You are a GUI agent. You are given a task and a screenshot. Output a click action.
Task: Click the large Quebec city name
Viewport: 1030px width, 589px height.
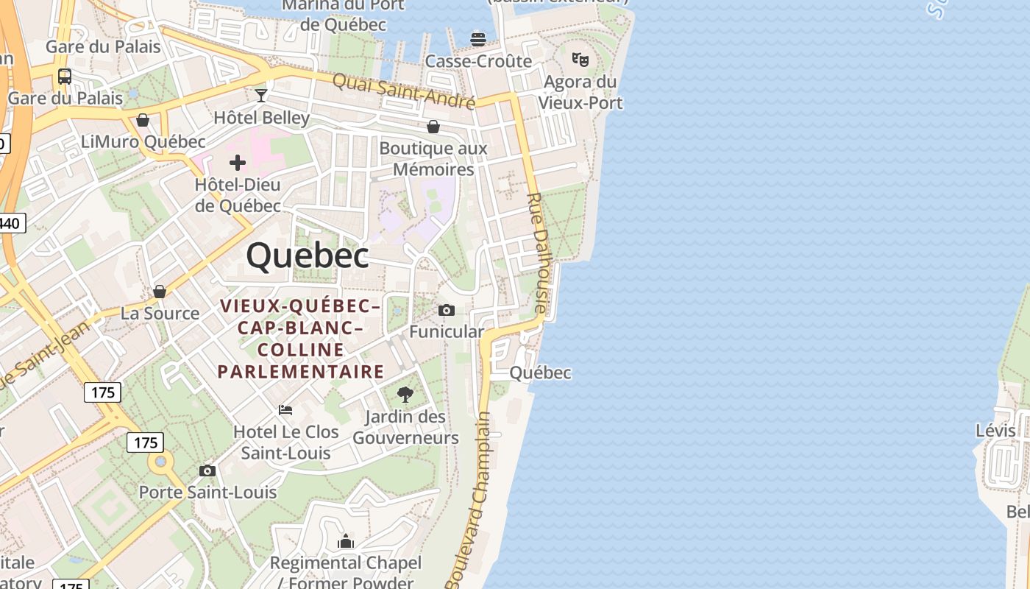308,256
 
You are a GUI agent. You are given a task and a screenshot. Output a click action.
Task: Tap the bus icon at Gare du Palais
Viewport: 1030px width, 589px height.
65,76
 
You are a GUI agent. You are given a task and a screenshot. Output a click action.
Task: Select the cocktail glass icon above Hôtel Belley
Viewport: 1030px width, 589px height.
261,95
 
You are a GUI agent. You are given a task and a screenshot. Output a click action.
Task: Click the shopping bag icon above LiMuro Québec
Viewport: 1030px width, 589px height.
143,120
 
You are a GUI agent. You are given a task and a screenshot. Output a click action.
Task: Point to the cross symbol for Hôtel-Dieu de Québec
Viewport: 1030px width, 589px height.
238,162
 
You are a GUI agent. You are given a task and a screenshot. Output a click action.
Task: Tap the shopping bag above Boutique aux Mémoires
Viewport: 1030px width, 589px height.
433,127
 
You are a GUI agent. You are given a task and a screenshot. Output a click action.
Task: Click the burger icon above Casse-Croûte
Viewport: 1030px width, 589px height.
478,38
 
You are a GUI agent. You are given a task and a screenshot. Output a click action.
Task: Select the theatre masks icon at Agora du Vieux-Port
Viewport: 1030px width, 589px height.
580,59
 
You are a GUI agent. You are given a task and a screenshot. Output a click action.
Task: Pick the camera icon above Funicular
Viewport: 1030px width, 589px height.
447,310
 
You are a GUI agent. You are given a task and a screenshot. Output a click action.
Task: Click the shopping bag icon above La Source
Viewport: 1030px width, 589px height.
160,292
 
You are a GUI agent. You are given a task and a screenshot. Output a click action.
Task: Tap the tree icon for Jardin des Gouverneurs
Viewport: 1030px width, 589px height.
405,395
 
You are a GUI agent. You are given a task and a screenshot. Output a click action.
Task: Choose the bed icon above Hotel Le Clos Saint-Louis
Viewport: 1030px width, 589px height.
285,409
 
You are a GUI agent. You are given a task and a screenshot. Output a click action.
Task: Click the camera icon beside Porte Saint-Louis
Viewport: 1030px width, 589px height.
207,470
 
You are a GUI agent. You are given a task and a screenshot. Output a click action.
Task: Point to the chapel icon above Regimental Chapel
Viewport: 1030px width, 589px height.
346,543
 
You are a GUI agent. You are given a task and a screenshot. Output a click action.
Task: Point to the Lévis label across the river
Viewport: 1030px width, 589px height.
995,430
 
